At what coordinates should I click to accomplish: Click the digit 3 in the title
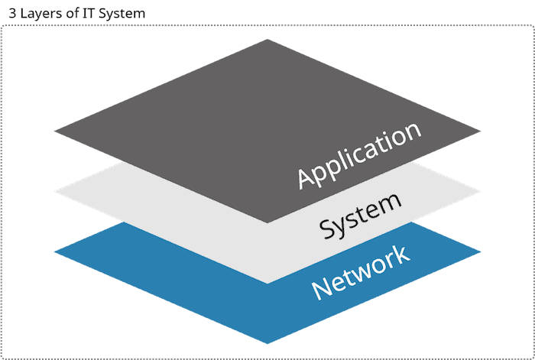pyautogui.click(x=12, y=15)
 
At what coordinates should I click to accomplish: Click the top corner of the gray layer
pyautogui.click(x=267, y=39)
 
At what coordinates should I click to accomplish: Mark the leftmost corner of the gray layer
pyautogui.click(x=54, y=131)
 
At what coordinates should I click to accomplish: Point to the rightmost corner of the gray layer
pyautogui.click(x=481, y=131)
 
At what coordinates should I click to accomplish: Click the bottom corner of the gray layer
pyautogui.click(x=267, y=222)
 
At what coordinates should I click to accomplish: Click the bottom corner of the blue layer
pyautogui.click(x=267, y=344)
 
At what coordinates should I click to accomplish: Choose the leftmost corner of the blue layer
pyautogui.click(x=54, y=251)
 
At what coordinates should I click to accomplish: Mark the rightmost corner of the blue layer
pyautogui.click(x=481, y=251)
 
